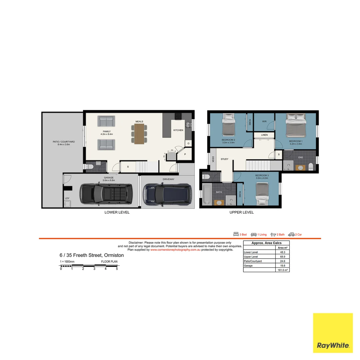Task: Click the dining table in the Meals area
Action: click(140, 134)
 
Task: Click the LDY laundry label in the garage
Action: click(67, 198)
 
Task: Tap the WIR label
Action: click(264, 121)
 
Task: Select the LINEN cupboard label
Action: click(264, 135)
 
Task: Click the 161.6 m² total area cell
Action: click(283, 270)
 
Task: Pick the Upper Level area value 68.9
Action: click(283, 257)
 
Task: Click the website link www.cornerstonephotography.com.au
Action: click(175, 250)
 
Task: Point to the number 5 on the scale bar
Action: click(117, 269)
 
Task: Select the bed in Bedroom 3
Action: click(262, 194)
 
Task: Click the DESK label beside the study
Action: click(212, 160)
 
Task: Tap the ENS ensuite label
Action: click(300, 157)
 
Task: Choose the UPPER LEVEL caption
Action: click(241, 212)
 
